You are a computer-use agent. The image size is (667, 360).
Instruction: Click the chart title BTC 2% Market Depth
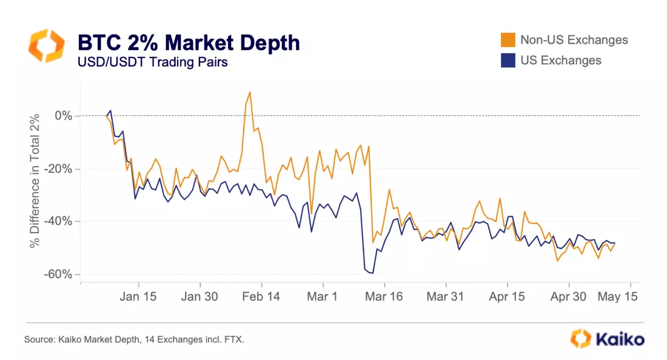(x=189, y=42)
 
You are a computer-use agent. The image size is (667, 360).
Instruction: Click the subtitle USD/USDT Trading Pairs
(x=153, y=62)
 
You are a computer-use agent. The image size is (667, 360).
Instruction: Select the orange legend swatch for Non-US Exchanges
(x=508, y=41)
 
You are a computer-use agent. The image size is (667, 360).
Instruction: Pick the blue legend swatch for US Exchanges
(x=508, y=60)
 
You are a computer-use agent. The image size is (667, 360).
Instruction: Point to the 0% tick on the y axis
(x=63, y=115)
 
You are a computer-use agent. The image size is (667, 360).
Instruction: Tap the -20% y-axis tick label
(x=58, y=168)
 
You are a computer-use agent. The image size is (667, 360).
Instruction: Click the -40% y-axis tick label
(x=58, y=221)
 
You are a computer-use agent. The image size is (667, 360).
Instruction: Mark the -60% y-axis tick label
(x=58, y=274)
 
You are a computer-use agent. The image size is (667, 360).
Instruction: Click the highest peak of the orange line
(x=250, y=92)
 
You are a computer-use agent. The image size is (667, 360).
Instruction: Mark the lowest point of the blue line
(x=371, y=273)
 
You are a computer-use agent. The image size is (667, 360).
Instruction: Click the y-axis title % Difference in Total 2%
(x=35, y=180)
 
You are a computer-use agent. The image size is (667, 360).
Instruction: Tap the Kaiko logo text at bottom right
(x=618, y=339)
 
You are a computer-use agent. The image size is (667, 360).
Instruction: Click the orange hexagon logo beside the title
(x=46, y=45)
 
